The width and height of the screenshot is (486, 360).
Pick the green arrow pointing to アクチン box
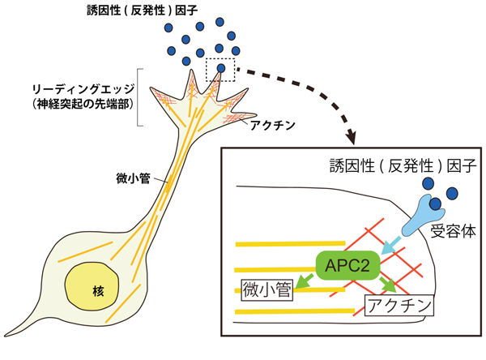(x=386, y=285)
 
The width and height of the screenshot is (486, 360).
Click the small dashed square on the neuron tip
(x=220, y=70)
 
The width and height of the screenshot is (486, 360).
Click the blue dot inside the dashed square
(x=221, y=67)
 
